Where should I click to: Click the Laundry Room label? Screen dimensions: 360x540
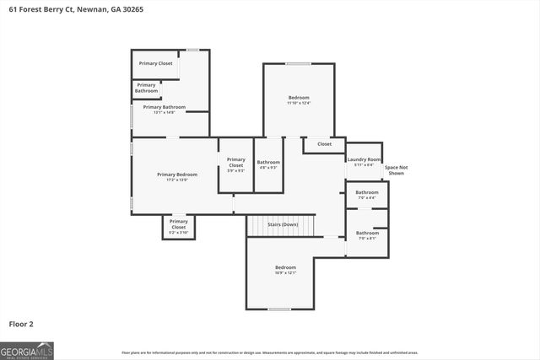364,159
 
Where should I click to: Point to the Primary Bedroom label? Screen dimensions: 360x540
177,175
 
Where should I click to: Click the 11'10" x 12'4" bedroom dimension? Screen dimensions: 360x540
299,104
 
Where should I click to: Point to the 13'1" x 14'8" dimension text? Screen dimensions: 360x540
163,112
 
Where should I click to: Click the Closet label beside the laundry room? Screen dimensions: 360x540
324,144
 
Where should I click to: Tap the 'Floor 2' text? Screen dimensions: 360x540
21,323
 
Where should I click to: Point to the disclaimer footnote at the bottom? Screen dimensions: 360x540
270,352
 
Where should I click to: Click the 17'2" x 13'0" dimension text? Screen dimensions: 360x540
177,180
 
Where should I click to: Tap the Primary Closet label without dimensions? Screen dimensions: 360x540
155,63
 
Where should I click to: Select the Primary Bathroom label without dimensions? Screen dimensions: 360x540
146,88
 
